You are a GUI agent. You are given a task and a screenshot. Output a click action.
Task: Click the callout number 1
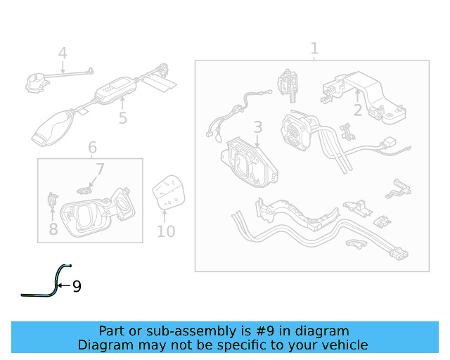point(314,49)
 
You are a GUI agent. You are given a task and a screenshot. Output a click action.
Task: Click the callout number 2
point(358,110)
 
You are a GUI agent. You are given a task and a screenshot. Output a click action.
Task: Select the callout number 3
point(258,127)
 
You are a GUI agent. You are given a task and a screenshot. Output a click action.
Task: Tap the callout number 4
point(63,53)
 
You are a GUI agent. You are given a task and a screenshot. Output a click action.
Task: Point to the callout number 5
point(123,117)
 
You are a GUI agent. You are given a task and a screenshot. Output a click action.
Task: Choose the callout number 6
point(92,148)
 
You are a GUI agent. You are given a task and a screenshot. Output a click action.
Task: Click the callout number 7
point(100,169)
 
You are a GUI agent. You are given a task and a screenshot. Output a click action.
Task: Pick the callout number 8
point(53,229)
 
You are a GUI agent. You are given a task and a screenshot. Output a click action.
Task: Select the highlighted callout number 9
point(77,286)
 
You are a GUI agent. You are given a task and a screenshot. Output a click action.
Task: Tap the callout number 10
point(166,231)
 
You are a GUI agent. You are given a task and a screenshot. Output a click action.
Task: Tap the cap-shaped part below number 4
point(35,82)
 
